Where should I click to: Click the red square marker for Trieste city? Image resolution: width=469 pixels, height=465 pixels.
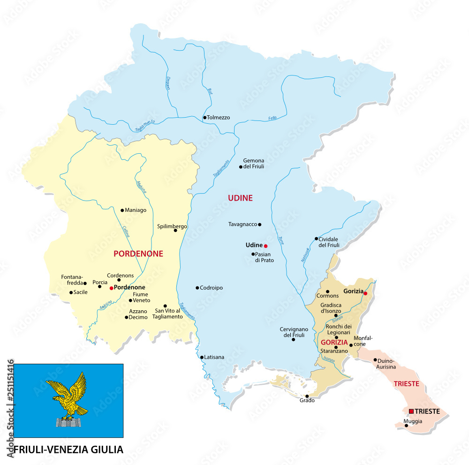411,411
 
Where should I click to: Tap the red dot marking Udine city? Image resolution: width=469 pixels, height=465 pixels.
265,246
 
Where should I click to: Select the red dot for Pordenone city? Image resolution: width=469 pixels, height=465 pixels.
111,288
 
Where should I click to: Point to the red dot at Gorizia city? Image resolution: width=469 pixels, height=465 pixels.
365,293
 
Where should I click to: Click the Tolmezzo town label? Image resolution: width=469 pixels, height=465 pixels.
219,118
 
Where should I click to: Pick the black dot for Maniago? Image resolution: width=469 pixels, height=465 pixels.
122,210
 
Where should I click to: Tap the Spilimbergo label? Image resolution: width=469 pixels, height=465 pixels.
172,226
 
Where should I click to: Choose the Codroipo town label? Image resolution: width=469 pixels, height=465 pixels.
212,288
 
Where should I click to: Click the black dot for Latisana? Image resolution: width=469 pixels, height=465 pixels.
202,357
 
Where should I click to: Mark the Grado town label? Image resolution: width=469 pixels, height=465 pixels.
307,400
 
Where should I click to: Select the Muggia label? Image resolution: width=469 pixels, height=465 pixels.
413,421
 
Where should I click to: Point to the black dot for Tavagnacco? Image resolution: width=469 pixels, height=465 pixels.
259,224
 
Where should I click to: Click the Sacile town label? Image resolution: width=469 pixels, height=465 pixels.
81,292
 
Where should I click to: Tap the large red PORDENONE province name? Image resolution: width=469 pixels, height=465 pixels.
138,254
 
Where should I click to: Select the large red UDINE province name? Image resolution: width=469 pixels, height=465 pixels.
240,198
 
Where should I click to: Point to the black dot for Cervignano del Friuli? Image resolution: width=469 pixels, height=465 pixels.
294,339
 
